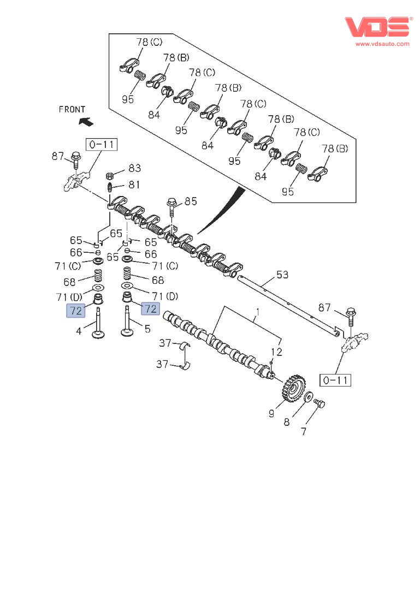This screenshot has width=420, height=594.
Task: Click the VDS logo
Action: click(376, 27)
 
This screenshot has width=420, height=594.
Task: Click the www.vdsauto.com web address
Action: click(382, 44)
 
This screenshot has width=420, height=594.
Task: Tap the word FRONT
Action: click(72, 109)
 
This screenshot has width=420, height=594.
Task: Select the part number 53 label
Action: click(282, 275)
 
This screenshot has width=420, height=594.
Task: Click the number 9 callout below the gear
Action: click(271, 414)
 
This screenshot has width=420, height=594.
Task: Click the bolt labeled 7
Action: click(320, 403)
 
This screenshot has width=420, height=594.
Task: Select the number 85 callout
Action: click(190, 201)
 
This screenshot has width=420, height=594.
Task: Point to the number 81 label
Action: click(134, 185)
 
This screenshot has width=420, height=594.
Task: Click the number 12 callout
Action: click(276, 352)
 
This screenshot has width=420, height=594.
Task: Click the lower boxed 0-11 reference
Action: click(336, 380)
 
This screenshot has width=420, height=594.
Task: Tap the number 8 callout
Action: click(287, 422)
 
